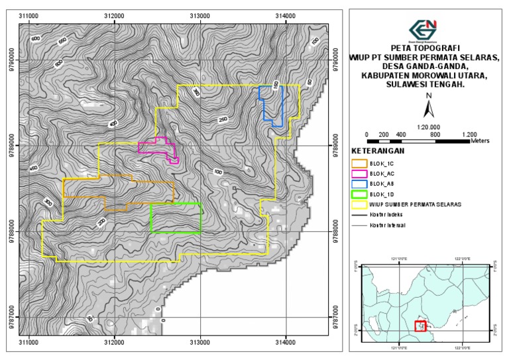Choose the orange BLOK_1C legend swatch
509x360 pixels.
(x=359, y=162)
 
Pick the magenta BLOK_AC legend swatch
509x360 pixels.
(x=359, y=172)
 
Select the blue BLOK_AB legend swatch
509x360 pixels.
(x=359, y=183)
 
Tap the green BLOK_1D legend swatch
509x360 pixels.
(x=359, y=194)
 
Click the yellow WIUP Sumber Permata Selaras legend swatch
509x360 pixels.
(x=359, y=204)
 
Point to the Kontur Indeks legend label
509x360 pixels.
(x=387, y=215)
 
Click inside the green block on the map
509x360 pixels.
(x=176, y=218)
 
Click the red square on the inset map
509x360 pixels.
(x=420, y=326)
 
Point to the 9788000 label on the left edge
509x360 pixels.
(x=11, y=232)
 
